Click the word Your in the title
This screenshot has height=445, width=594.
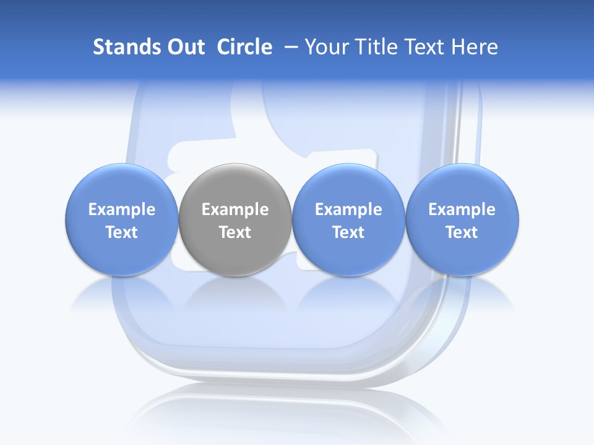point(326,47)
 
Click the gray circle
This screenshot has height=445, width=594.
point(235,219)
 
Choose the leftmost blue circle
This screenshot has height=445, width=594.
point(121,219)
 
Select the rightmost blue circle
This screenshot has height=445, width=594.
point(462,219)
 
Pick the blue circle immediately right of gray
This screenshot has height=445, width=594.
point(348,219)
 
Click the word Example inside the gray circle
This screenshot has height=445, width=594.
point(235,210)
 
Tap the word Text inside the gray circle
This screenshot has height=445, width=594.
point(235,232)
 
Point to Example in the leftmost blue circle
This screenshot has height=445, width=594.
point(121,210)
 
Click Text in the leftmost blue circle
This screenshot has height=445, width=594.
point(121,232)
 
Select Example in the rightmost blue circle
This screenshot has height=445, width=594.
point(462,210)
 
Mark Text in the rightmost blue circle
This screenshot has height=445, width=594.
point(462,232)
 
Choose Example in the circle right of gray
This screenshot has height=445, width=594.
point(348,210)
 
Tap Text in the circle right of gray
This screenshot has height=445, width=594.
point(348,232)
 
